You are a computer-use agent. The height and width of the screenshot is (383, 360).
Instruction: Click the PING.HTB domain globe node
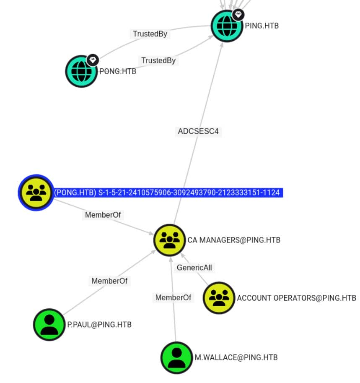tap(227, 26)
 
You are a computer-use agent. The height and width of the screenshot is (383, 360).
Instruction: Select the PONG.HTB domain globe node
tap(81, 71)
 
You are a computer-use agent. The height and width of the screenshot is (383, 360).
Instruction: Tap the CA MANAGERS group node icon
tap(169, 240)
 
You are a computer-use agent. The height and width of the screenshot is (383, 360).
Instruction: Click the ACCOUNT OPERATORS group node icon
tap(218, 298)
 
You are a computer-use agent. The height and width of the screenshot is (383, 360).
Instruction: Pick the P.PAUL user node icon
tap(49, 324)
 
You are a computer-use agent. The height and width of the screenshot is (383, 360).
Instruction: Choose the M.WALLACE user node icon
tap(177, 357)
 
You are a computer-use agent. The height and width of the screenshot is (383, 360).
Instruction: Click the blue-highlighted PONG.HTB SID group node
tap(36, 193)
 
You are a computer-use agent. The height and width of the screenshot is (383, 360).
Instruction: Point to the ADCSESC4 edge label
tap(198, 131)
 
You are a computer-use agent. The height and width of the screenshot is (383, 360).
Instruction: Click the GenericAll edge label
tap(194, 268)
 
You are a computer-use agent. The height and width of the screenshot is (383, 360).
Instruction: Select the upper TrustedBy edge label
tap(150, 34)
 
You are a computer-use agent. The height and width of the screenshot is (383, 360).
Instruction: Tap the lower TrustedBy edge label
tap(158, 60)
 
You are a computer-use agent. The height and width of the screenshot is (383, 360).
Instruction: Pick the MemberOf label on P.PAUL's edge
tap(109, 281)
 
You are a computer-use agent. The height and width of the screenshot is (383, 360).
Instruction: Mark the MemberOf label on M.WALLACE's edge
tap(173, 297)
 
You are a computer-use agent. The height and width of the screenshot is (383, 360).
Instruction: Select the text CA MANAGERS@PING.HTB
tap(234, 240)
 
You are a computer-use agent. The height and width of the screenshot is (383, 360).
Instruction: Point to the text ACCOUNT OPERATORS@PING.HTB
tap(296, 298)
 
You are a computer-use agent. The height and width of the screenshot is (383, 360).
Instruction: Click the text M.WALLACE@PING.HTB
tap(236, 357)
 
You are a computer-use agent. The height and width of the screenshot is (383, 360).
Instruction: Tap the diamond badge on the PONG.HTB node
tap(93, 60)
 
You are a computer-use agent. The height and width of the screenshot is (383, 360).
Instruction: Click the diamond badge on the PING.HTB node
tap(238, 15)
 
